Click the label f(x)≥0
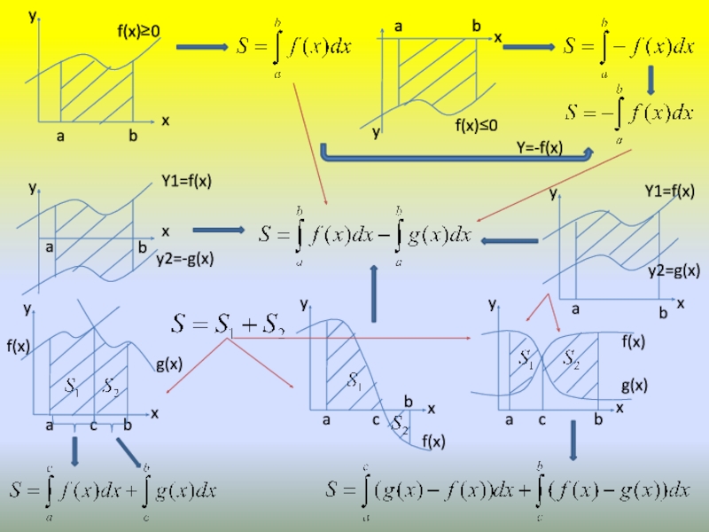click(x=139, y=32)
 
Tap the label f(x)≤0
click(x=477, y=126)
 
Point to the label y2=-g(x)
click(x=185, y=259)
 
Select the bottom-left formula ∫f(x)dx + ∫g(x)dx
click(x=113, y=489)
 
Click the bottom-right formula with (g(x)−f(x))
click(x=507, y=489)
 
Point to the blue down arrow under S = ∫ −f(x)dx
click(x=651, y=82)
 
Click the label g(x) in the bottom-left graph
click(x=168, y=364)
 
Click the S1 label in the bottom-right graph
click(x=526, y=360)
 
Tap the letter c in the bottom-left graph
click(x=93, y=426)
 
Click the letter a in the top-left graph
click(x=60, y=137)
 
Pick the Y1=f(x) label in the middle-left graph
click(x=186, y=181)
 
